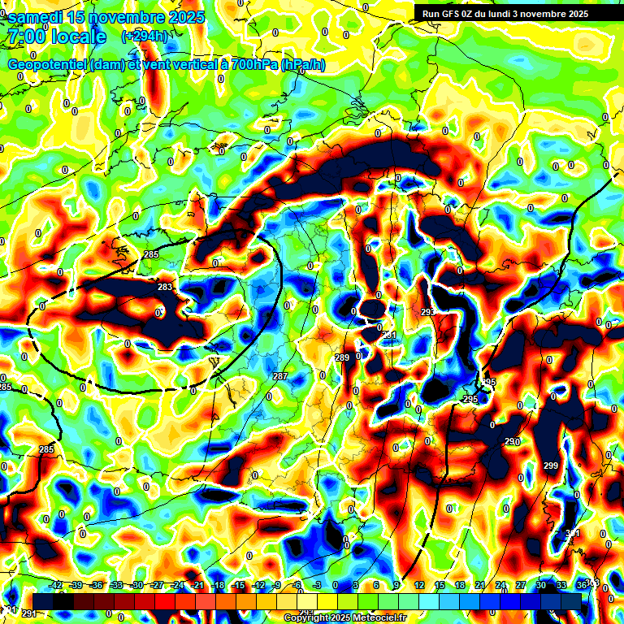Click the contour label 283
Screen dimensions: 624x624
(x=165, y=287)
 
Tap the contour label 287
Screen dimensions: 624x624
(x=280, y=376)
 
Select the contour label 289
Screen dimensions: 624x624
(x=342, y=357)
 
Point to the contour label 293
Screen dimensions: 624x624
(x=428, y=313)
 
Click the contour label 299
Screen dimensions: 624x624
(x=551, y=466)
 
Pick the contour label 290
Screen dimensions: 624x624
(x=511, y=441)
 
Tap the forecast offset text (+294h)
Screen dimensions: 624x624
(x=145, y=37)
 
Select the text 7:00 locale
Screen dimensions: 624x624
(x=56, y=37)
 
